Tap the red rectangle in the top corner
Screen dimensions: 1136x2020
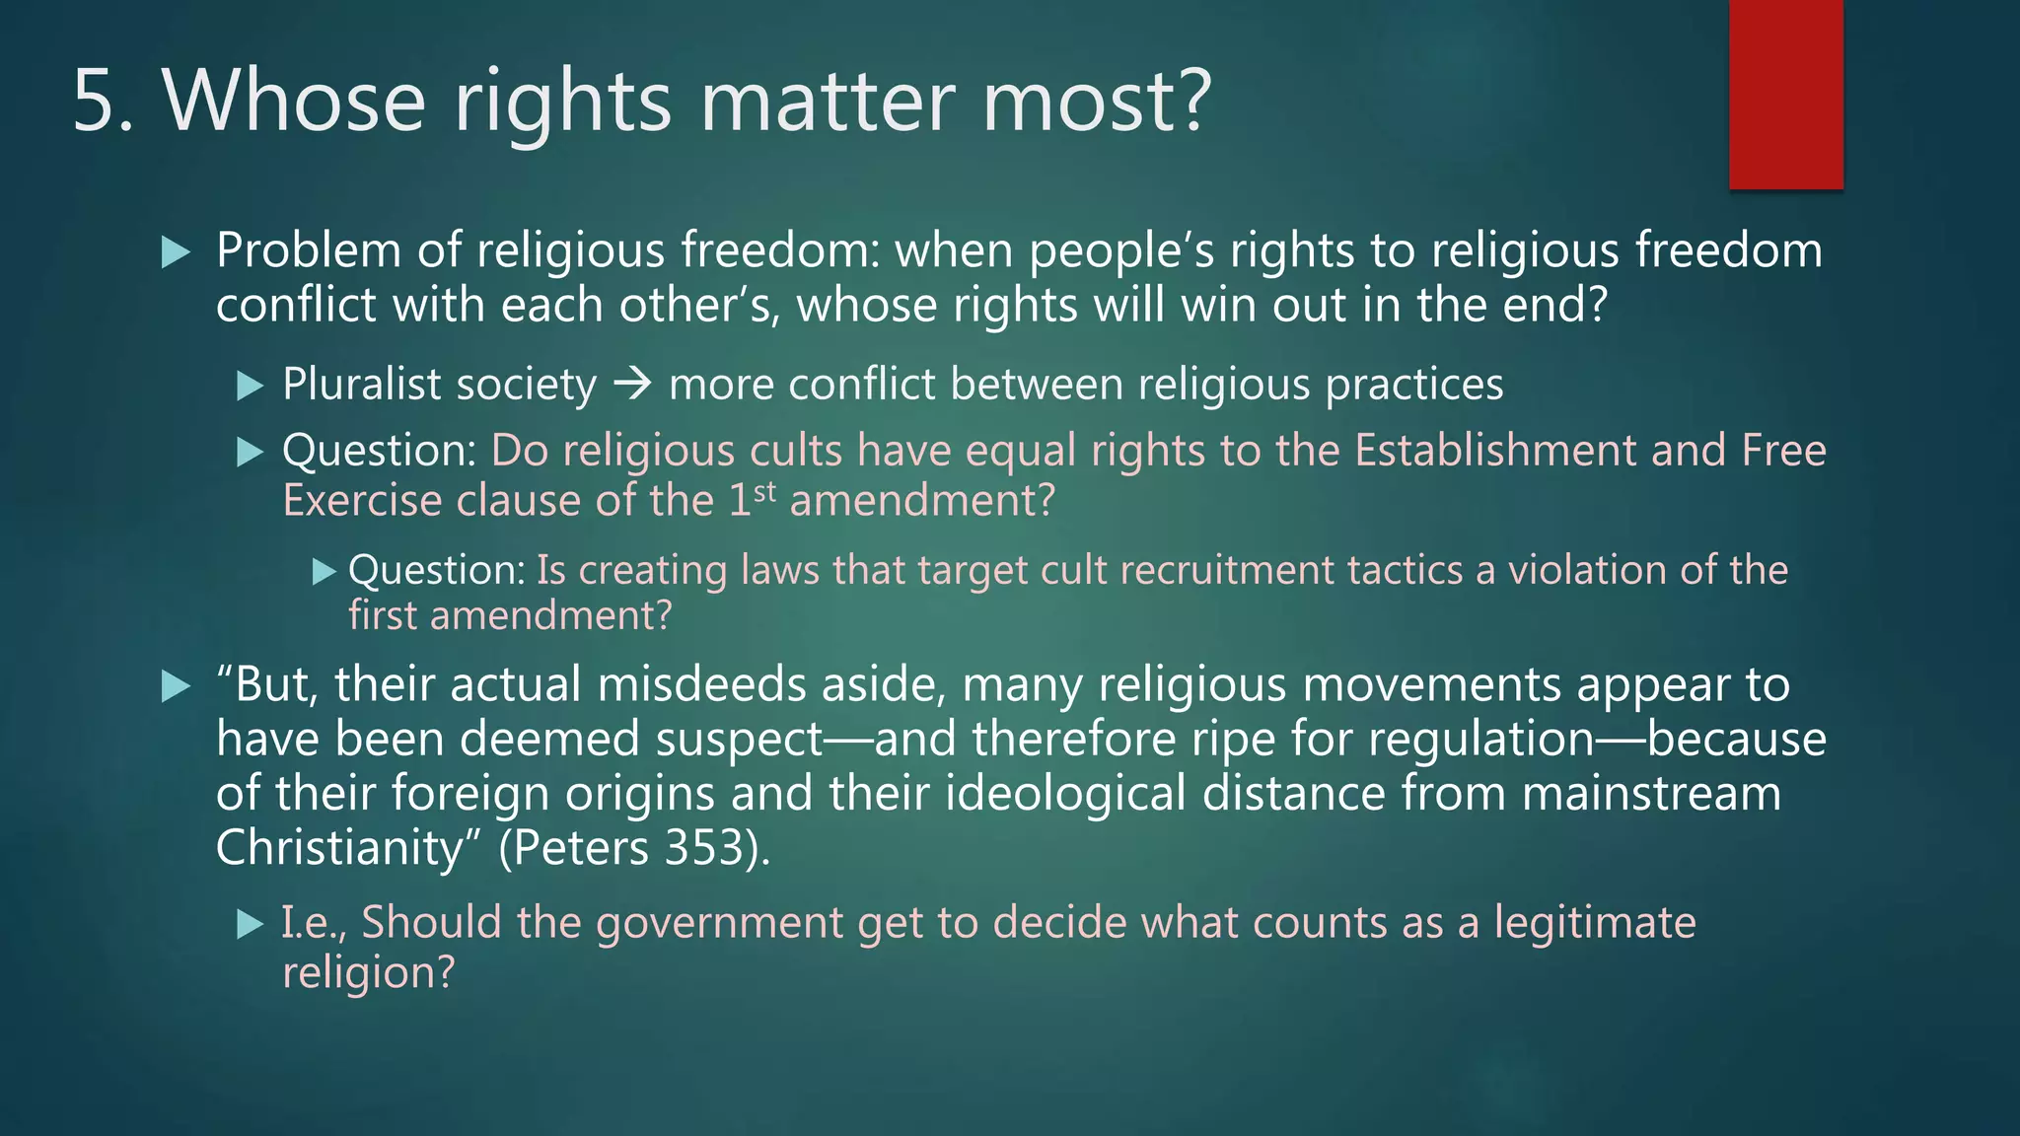[x=1785, y=95]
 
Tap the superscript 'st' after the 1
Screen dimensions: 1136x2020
[x=764, y=490]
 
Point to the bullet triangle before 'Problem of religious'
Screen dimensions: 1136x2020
[x=176, y=252]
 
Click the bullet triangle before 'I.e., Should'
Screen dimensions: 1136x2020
[x=251, y=925]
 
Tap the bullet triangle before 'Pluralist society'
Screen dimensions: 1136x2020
[x=251, y=386]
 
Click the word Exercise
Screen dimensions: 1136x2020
[x=362, y=501]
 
